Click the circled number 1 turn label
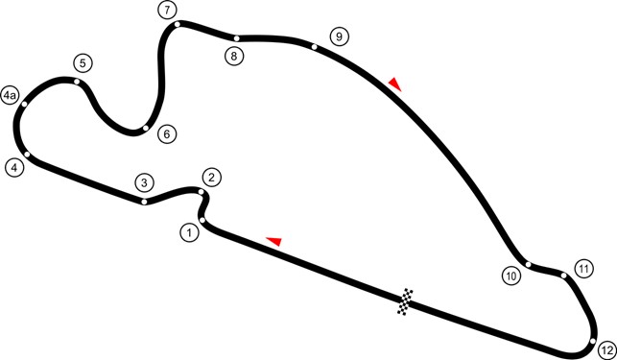pyautogui.click(x=190, y=231)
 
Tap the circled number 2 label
pyautogui.click(x=212, y=177)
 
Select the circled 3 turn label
pyautogui.click(x=143, y=182)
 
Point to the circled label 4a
pyautogui.click(x=10, y=96)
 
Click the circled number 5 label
pyautogui.click(x=83, y=63)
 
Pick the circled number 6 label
pyautogui.click(x=166, y=133)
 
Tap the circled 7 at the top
pyautogui.click(x=168, y=11)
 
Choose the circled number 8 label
pyautogui.click(x=234, y=56)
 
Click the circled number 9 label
pyautogui.click(x=337, y=36)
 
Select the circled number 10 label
pyautogui.click(x=511, y=276)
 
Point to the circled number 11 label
pyautogui.click(x=582, y=268)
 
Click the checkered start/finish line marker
pyautogui.click(x=408, y=300)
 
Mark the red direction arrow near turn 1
pyautogui.click(x=273, y=240)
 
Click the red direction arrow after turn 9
pyautogui.click(x=393, y=84)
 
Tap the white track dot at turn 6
pyautogui.click(x=145, y=128)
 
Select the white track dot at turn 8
pyautogui.click(x=236, y=38)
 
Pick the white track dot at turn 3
pyautogui.click(x=143, y=202)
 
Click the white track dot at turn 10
pyautogui.click(x=528, y=263)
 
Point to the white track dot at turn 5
pyautogui.click(x=77, y=83)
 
